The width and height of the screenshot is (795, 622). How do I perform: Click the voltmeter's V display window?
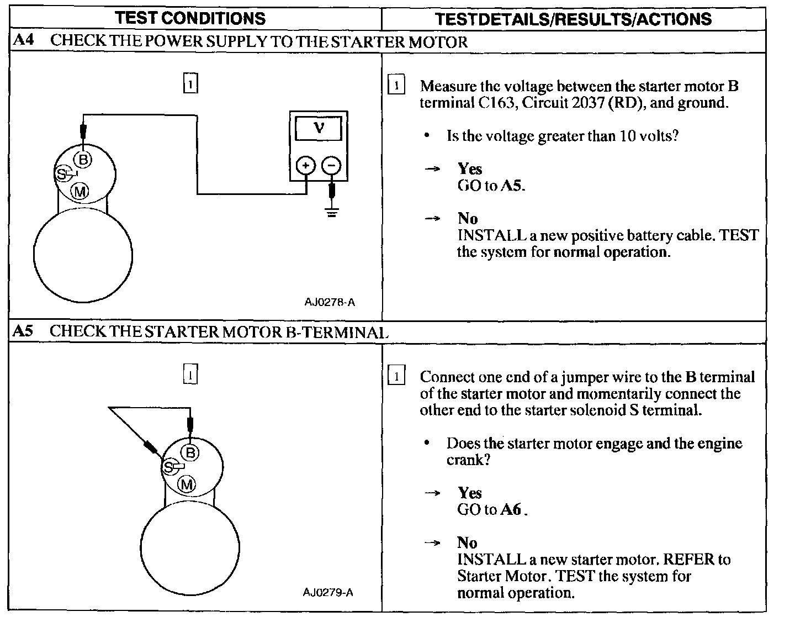[x=319, y=129]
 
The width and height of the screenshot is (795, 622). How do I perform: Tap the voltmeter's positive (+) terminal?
[x=305, y=165]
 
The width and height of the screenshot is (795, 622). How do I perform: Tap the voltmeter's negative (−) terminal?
[x=331, y=165]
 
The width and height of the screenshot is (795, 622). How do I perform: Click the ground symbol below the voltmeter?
[x=331, y=212]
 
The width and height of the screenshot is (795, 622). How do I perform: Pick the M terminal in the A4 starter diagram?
[x=80, y=191]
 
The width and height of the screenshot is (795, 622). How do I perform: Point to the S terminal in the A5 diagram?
[x=168, y=467]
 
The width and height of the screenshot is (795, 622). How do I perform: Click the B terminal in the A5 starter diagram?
[x=190, y=454]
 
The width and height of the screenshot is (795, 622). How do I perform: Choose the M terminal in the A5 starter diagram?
[x=187, y=485]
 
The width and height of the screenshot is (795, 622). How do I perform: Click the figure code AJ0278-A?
[x=330, y=302]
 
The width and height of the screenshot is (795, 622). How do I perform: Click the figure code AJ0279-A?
[x=328, y=592]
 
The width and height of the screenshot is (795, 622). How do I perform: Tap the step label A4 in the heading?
[x=24, y=40]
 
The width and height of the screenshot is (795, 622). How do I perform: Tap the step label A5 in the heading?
[x=23, y=331]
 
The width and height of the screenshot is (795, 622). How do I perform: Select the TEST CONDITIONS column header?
[x=190, y=18]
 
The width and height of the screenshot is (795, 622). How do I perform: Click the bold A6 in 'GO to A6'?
[x=511, y=509]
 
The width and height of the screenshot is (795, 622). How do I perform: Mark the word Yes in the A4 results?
[x=470, y=169]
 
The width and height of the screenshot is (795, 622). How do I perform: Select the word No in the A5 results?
[x=467, y=542]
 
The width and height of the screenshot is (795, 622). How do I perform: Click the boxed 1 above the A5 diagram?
[x=190, y=375]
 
